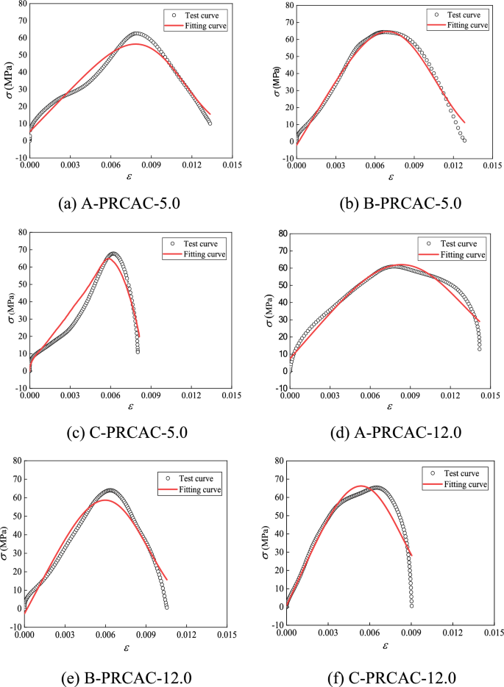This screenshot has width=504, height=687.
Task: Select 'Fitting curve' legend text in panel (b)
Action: pos(467,25)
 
